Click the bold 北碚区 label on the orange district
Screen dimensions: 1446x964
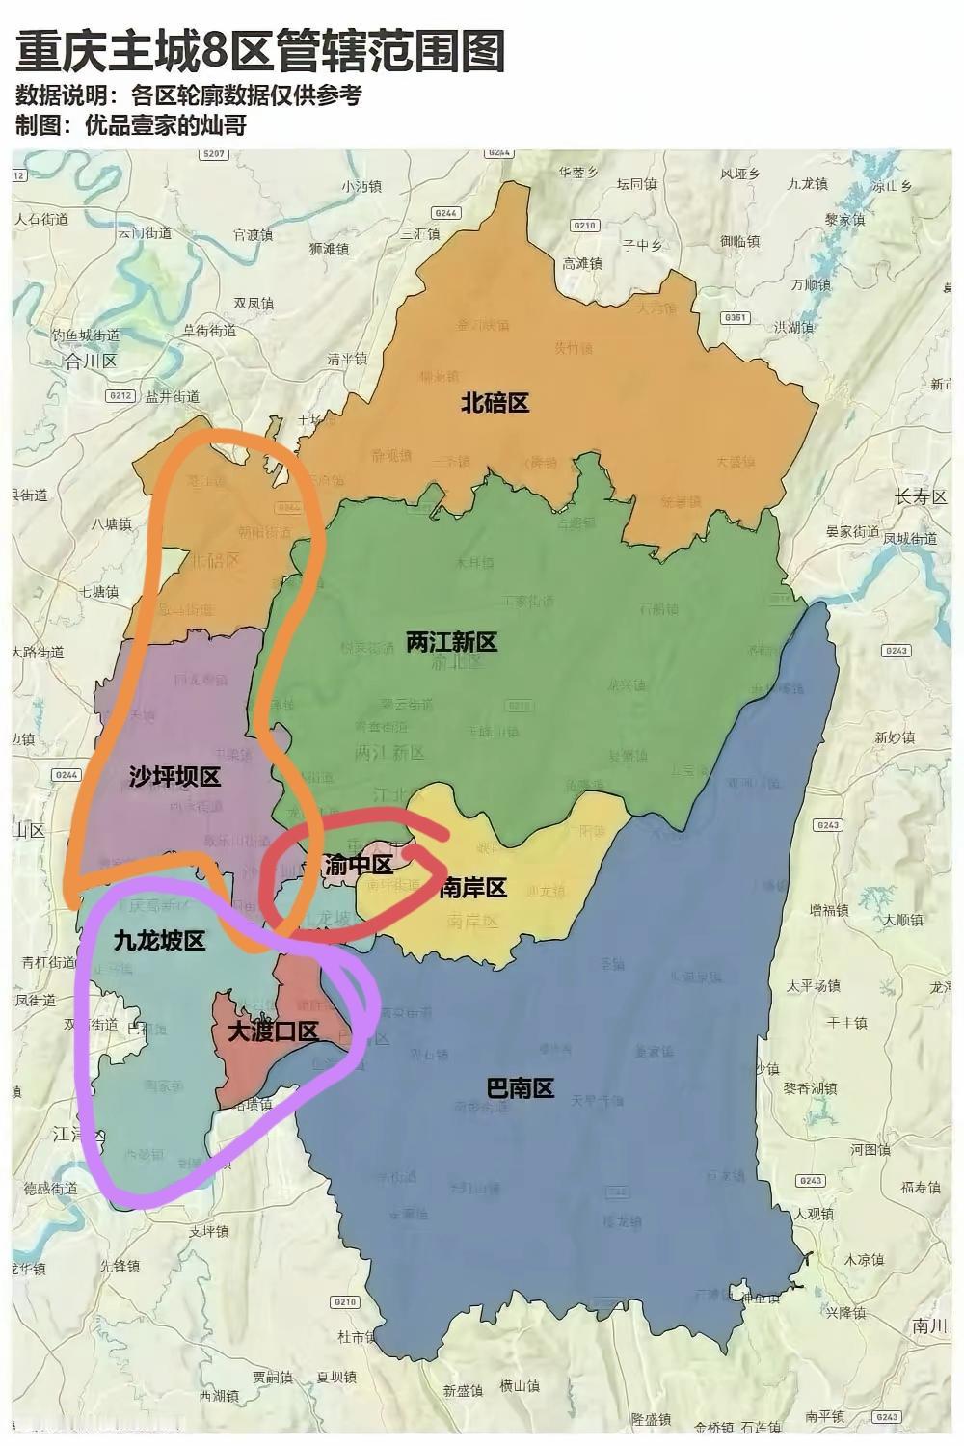(x=495, y=403)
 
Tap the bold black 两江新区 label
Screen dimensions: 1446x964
(x=451, y=642)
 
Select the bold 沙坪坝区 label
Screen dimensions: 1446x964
(x=174, y=777)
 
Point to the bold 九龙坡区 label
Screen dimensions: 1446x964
(x=160, y=941)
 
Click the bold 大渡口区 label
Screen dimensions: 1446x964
(x=273, y=1031)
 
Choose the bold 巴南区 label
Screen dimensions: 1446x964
(x=520, y=1088)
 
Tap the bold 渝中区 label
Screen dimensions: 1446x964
(x=359, y=865)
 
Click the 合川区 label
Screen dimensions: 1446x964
(x=90, y=361)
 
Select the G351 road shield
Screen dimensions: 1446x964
(x=736, y=317)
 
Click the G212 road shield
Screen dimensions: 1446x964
(x=121, y=395)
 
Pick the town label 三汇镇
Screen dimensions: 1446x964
(x=419, y=233)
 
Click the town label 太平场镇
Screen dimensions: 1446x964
(x=813, y=985)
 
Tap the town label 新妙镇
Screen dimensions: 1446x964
(x=895, y=737)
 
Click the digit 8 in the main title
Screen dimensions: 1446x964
(x=213, y=51)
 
